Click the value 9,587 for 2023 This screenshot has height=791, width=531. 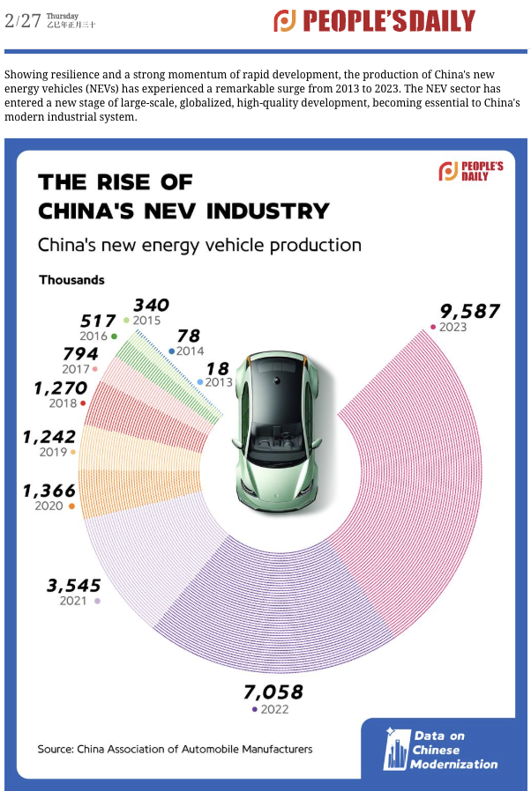pos(469,311)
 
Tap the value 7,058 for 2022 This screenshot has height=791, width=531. pos(273,691)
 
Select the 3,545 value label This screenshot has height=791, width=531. pos(72,585)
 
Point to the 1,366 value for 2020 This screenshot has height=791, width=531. pos(49,491)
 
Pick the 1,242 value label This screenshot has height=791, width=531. pos(49,437)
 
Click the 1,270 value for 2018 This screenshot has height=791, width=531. pos(60,388)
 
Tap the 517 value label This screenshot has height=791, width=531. pos(98,321)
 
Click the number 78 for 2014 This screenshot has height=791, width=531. pos(188,336)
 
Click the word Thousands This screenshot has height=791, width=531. pos(71,280)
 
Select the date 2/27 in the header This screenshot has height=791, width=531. pos(22,19)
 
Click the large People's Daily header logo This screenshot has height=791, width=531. pos(374,21)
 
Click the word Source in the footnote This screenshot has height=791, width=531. pos(54,749)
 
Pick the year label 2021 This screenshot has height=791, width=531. pos(73,601)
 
